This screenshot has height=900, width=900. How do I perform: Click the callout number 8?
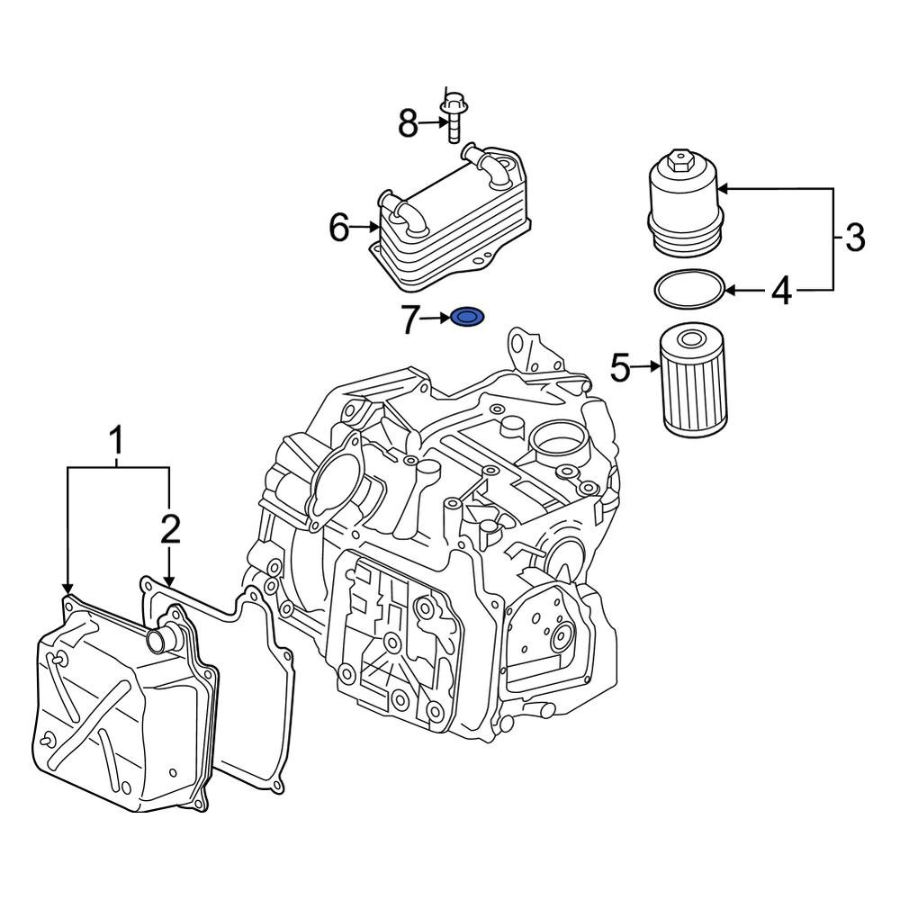[409, 124]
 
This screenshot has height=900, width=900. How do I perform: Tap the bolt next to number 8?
[453, 118]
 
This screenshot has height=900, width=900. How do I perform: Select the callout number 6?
[338, 229]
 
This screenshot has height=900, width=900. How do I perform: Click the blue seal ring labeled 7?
[467, 318]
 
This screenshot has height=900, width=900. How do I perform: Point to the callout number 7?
[411, 319]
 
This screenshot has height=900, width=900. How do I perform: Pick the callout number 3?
[855, 238]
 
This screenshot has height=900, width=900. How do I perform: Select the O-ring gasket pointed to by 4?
[689, 289]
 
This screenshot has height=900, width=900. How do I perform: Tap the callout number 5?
[621, 366]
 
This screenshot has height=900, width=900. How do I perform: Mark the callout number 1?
[116, 443]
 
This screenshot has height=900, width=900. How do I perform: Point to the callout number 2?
[170, 530]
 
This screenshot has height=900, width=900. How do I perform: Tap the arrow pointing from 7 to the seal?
[436, 319]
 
